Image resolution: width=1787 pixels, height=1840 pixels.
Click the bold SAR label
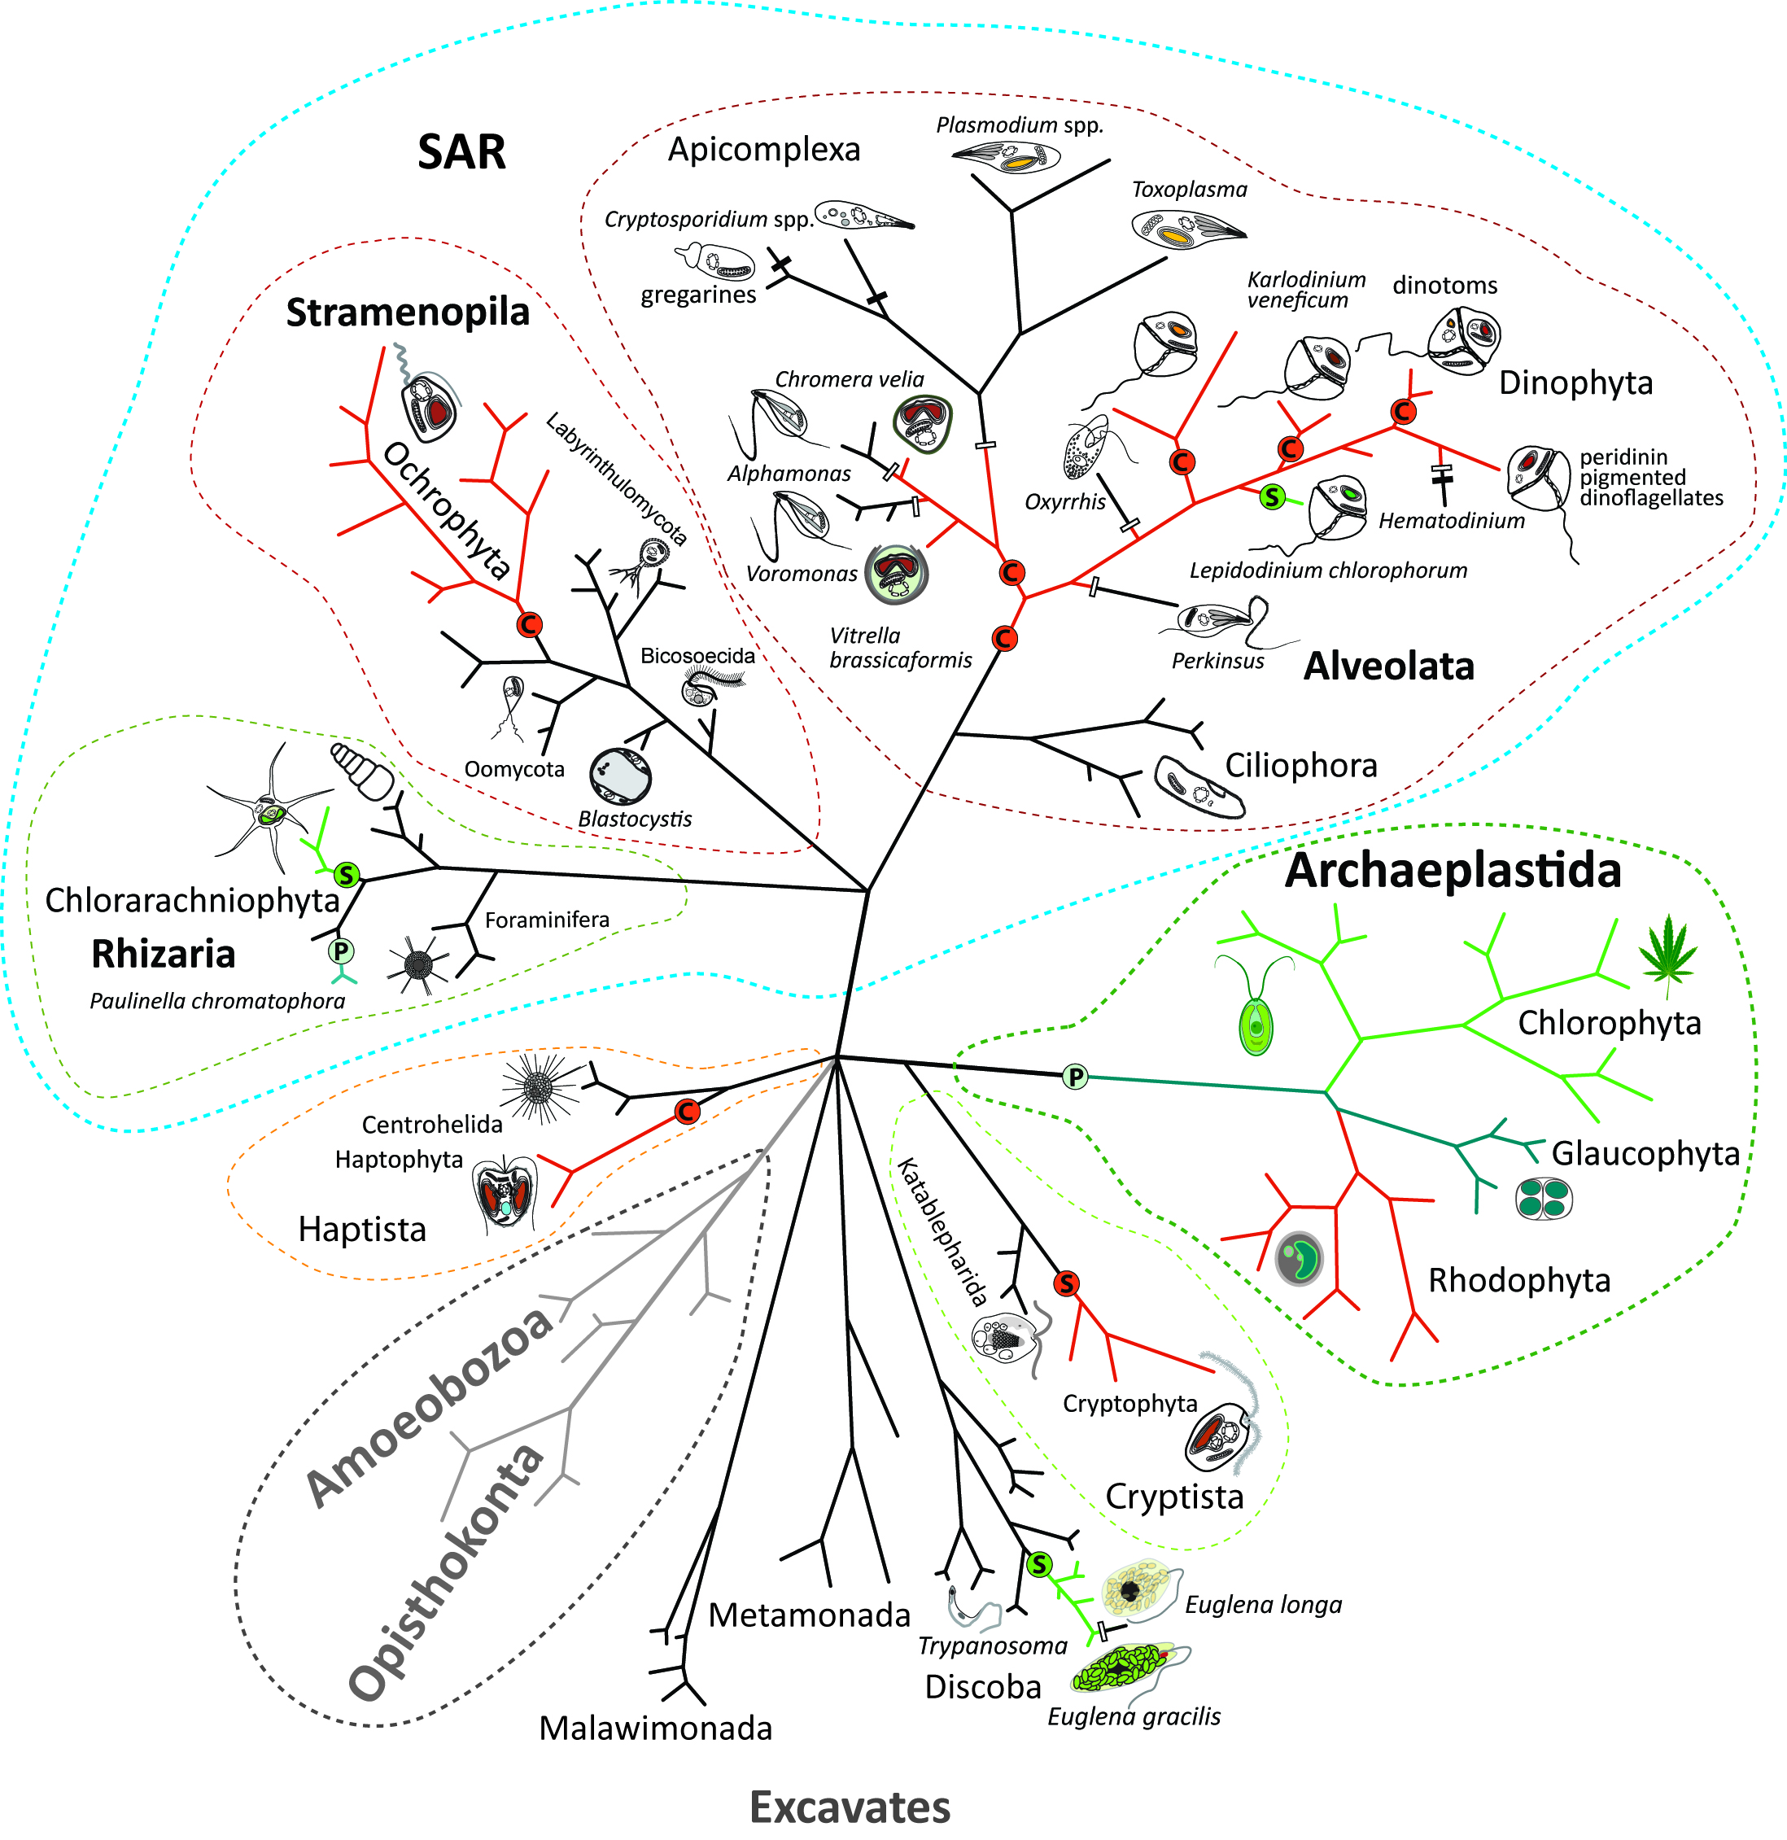coord(461,152)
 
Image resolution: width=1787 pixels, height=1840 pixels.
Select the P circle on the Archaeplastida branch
coord(1076,1077)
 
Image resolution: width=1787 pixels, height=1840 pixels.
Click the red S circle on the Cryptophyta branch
coord(1065,1283)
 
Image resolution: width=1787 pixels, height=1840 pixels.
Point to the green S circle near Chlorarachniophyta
coord(347,875)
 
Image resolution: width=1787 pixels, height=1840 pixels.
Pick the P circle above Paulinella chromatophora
coord(341,951)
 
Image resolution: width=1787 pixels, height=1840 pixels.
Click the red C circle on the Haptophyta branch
coord(687,1112)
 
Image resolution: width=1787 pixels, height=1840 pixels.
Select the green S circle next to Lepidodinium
coord(1272,496)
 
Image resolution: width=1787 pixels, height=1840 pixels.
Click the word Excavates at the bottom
coord(850,1808)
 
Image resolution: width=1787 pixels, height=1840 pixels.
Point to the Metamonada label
coord(809,1615)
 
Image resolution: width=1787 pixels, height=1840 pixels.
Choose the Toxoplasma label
coord(1189,190)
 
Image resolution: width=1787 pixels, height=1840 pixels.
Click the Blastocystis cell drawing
coord(620,776)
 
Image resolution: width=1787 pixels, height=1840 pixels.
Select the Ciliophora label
coord(1301,766)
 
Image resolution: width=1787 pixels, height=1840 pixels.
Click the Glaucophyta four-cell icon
coord(1543,1200)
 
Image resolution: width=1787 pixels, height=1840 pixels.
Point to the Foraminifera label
coord(546,920)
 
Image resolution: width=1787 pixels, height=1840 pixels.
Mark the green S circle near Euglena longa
coord(1039,1565)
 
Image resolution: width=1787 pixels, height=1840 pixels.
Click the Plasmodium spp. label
coord(1020,125)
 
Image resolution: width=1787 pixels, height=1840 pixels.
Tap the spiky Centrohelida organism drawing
coord(538,1088)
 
